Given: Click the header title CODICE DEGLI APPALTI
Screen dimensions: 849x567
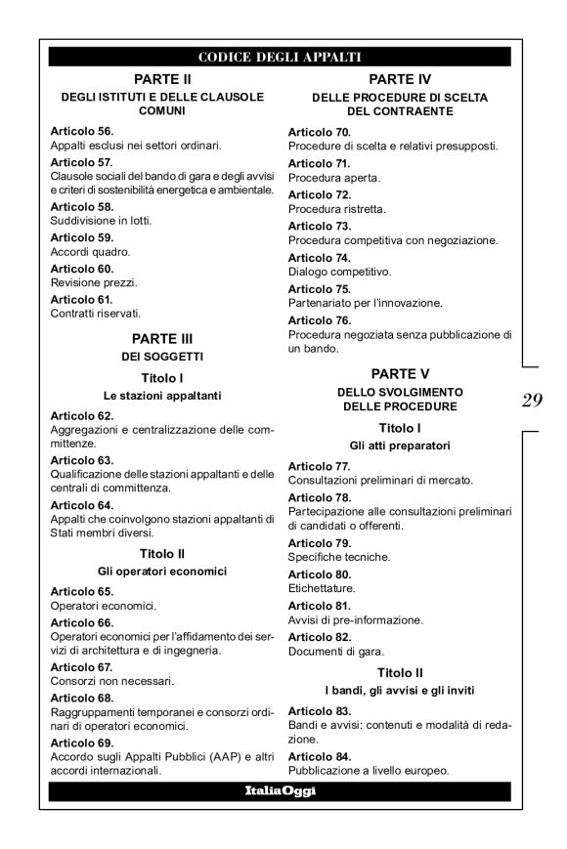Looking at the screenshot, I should pos(280,56).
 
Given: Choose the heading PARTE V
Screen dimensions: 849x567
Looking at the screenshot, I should pos(399,373).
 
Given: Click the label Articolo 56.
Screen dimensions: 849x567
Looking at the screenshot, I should pos(82,130).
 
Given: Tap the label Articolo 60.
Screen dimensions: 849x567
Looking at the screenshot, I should pos(82,268).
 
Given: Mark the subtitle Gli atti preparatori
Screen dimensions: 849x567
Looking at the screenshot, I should pos(399,445).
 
